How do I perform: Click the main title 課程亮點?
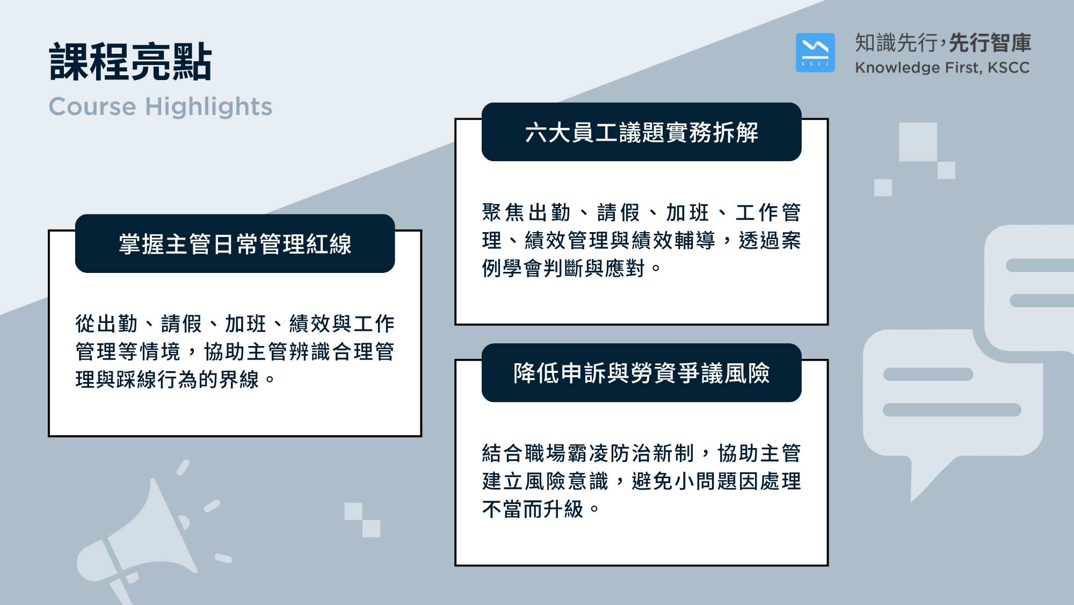[130, 62]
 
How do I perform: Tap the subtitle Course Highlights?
[161, 106]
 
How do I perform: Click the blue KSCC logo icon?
[815, 53]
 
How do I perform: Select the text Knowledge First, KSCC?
[942, 68]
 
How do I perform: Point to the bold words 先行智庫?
[990, 43]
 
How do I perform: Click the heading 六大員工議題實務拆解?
[641, 132]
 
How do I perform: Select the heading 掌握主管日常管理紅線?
[235, 244]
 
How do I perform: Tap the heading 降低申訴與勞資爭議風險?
[641, 373]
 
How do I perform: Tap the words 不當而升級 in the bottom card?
[533, 509]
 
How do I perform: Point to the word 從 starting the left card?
[85, 324]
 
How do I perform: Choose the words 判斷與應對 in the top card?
[594, 268]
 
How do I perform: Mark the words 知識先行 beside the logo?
[896, 43]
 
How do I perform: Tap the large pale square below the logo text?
[918, 142]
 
